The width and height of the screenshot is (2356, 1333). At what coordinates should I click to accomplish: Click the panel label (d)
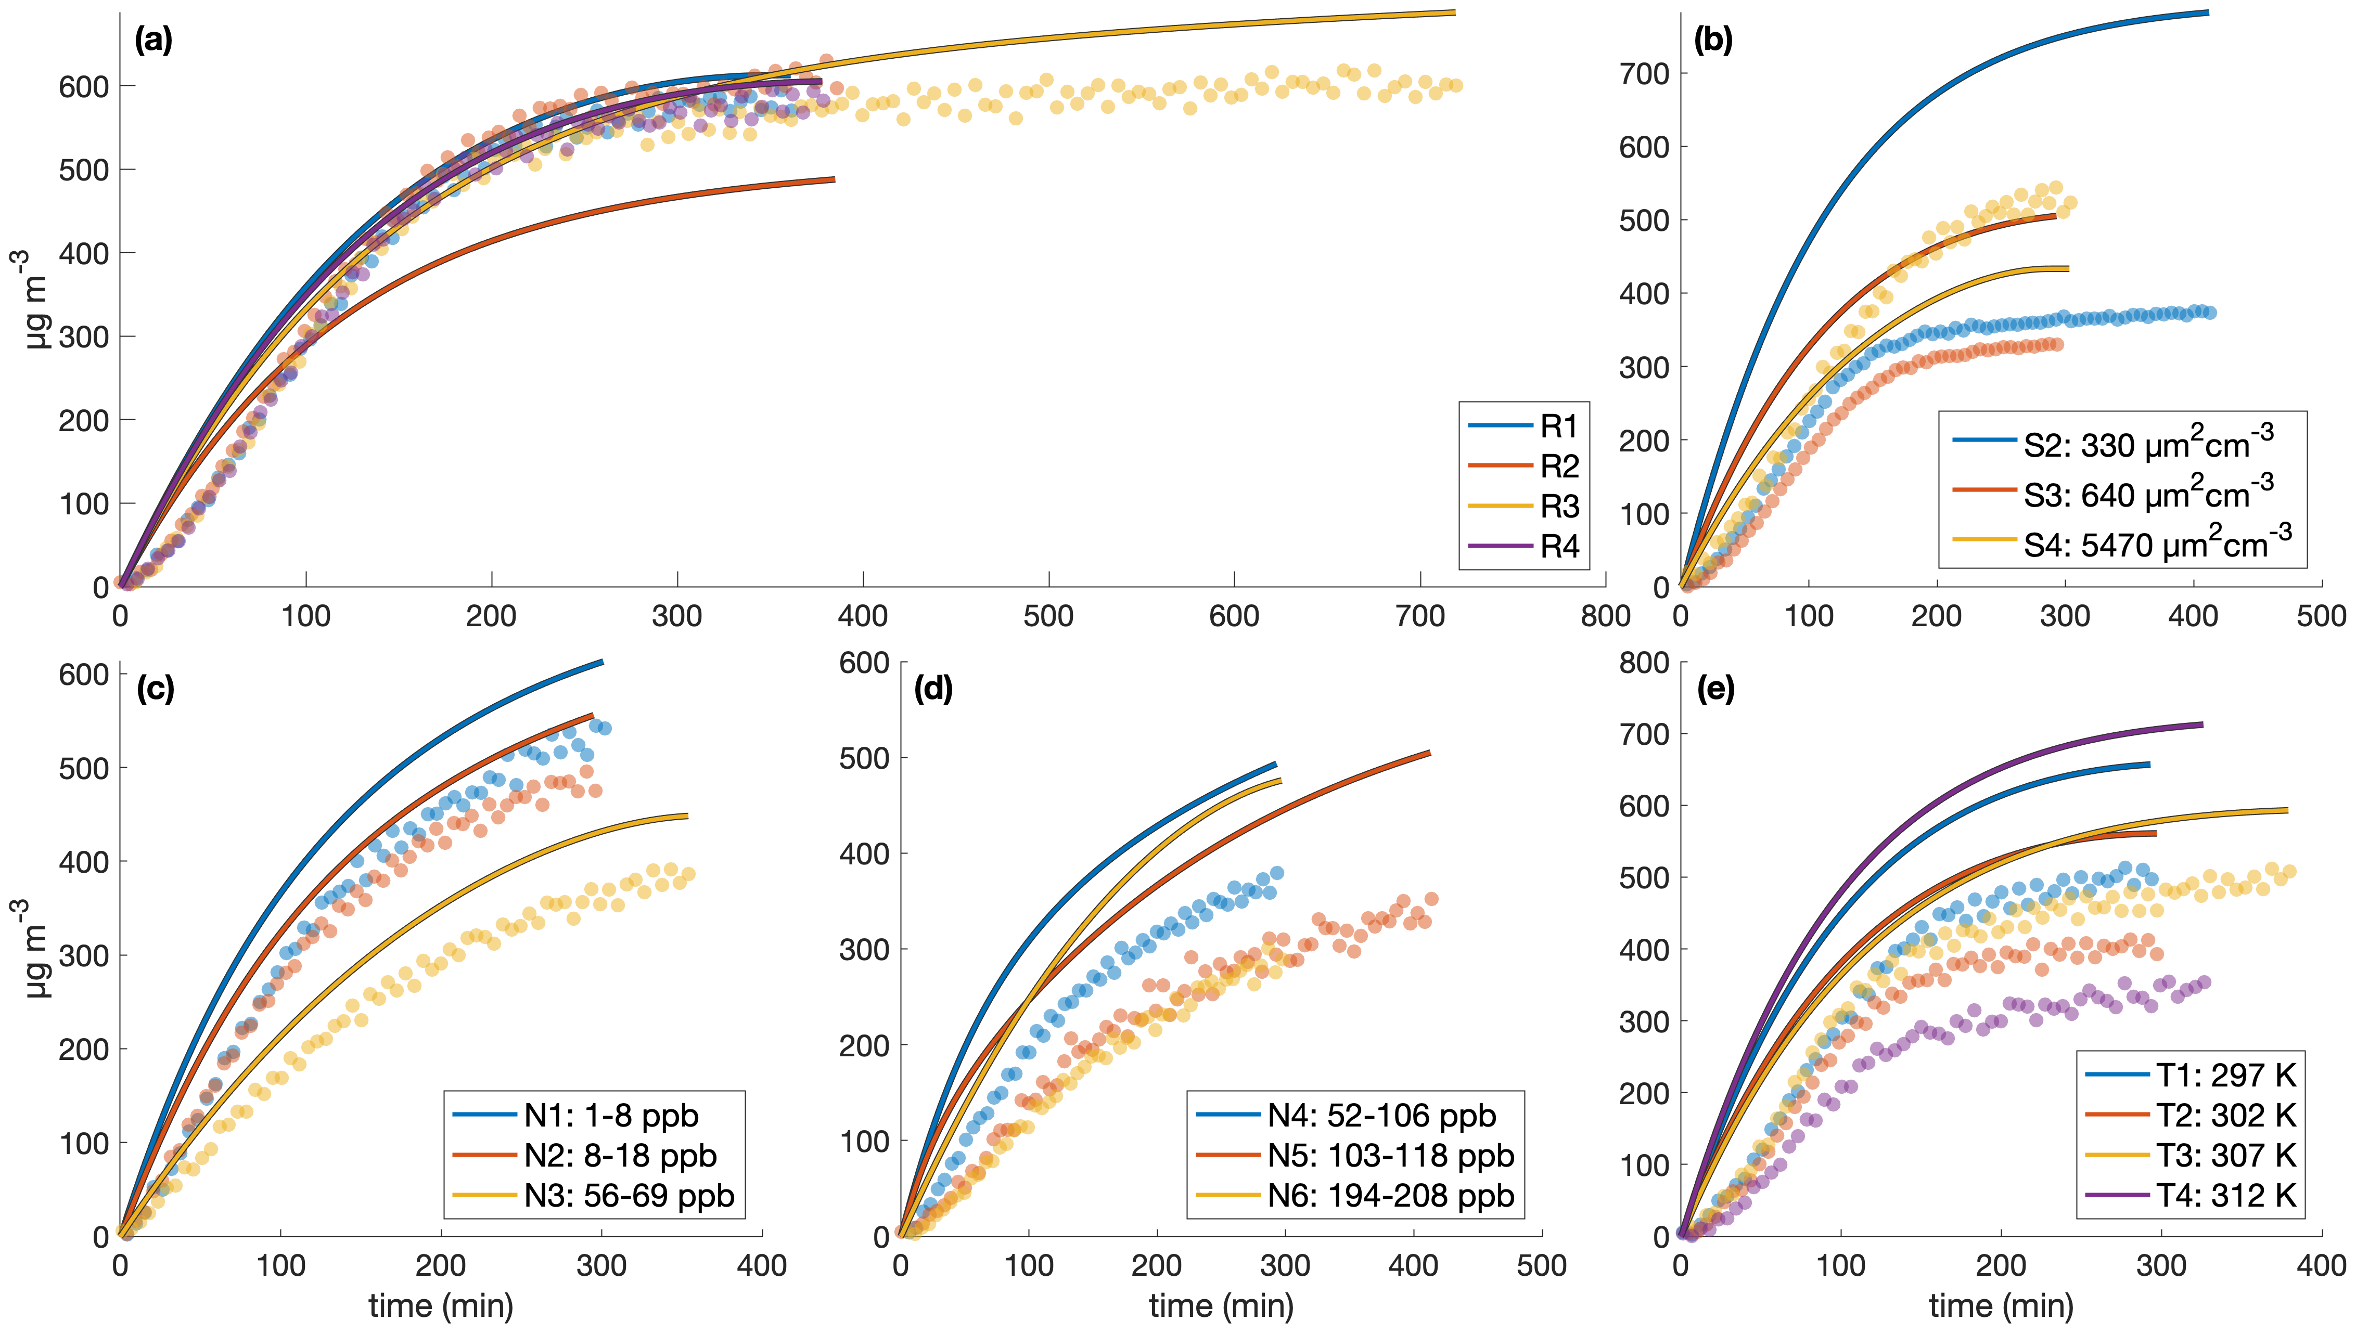[x=933, y=689]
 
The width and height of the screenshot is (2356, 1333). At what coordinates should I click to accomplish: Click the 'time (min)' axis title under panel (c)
[x=440, y=1305]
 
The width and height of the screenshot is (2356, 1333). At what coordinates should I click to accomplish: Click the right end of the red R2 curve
[x=833, y=179]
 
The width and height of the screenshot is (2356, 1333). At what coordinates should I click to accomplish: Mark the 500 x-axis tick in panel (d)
[x=1541, y=1266]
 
